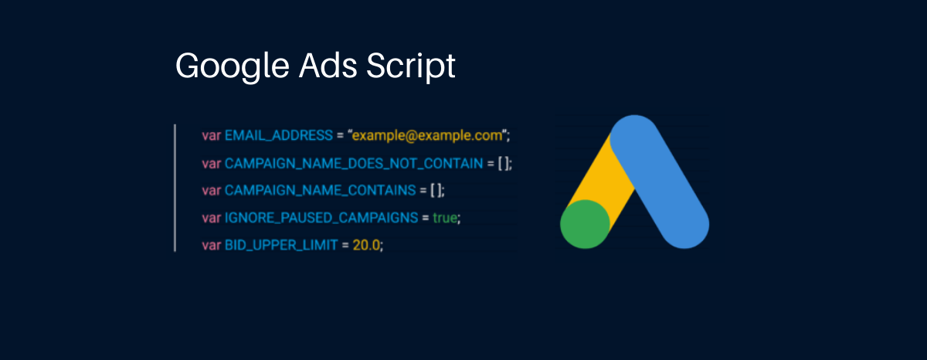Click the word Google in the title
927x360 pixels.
(233, 67)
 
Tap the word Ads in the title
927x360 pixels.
(328, 65)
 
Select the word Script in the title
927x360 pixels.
(410, 66)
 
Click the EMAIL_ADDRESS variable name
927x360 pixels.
(279, 135)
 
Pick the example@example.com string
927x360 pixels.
(427, 136)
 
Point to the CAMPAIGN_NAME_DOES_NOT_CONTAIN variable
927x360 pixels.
(354, 164)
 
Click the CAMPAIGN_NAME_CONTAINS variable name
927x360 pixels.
(321, 190)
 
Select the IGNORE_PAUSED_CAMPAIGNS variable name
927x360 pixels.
(321, 218)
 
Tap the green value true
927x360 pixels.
(445, 218)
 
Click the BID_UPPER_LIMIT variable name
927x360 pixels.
(281, 246)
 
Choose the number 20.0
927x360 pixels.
(366, 246)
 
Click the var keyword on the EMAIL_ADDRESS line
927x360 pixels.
(211, 136)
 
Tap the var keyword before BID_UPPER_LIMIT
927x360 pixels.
(211, 246)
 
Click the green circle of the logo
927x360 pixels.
(585, 224)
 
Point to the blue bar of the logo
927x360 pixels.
(660, 182)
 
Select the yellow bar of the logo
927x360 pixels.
(602, 174)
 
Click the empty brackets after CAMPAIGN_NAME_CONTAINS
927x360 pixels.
(436, 190)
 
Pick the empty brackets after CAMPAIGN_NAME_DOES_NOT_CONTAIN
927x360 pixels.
(503, 164)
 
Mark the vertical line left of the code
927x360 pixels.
(175, 188)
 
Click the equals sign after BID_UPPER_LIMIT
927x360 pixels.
(345, 246)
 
